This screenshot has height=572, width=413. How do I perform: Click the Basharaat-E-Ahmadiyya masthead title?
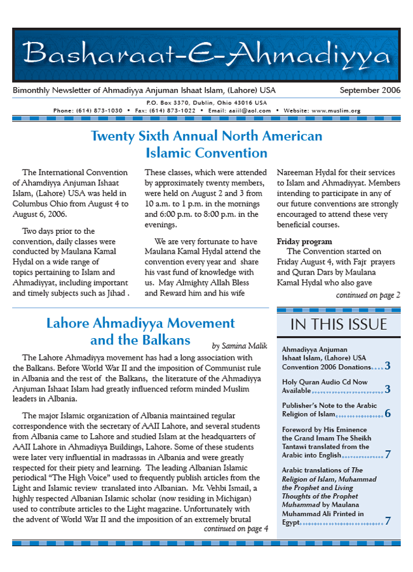[x=206, y=56]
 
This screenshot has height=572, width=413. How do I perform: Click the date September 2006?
[x=370, y=90]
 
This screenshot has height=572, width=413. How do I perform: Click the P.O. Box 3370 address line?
[x=206, y=102]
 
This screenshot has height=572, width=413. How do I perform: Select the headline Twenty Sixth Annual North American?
[x=206, y=136]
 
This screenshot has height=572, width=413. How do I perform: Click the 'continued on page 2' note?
[x=368, y=295]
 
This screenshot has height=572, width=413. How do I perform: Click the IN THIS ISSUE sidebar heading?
[x=338, y=325]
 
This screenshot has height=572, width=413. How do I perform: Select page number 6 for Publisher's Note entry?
[x=387, y=414]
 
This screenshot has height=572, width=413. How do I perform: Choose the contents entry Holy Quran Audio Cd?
[x=325, y=382]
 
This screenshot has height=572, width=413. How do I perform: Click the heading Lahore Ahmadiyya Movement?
[x=140, y=323]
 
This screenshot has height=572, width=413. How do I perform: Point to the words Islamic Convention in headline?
[x=206, y=153]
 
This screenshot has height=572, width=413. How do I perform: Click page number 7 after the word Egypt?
[x=387, y=521]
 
